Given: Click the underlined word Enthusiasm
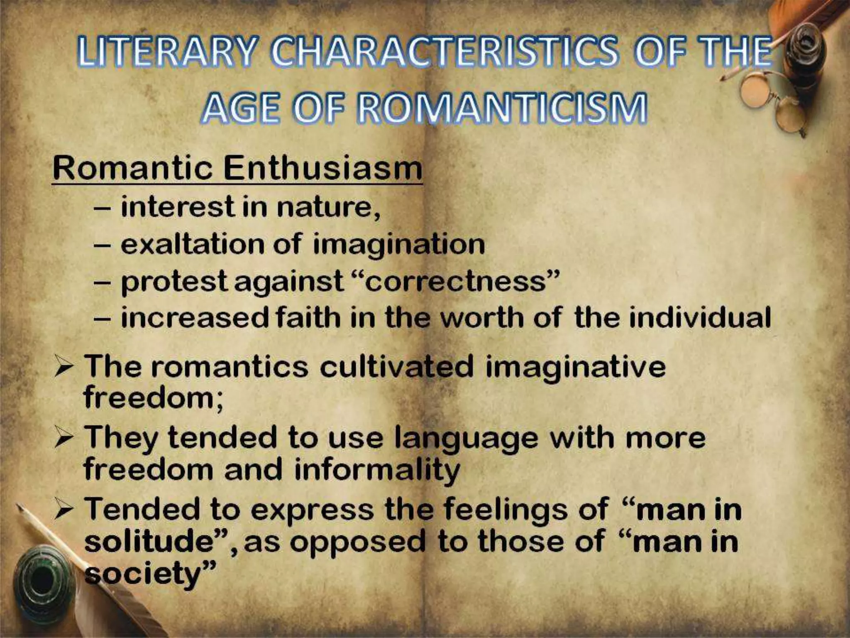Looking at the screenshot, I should click(322, 168).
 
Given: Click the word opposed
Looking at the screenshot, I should click(358, 542).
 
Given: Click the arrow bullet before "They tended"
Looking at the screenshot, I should click(64, 439).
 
